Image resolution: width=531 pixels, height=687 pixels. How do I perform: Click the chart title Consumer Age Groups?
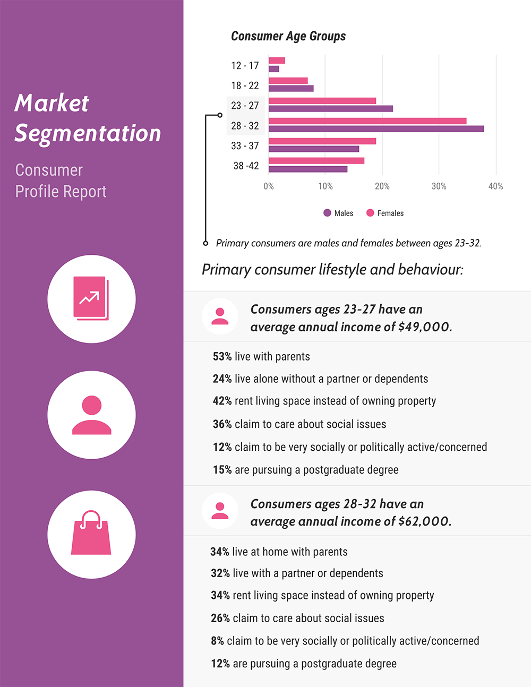click(288, 36)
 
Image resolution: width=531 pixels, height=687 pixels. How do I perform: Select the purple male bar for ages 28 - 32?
click(376, 128)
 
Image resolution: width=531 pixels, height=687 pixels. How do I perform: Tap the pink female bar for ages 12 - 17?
click(277, 61)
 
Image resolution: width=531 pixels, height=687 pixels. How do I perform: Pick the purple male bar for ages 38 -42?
click(308, 169)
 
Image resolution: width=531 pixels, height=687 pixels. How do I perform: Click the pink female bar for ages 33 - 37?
click(322, 141)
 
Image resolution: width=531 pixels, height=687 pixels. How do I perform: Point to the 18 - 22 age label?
click(245, 85)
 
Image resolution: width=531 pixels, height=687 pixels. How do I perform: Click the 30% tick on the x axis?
click(439, 186)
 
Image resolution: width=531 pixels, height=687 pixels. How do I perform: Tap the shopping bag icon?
click(91, 534)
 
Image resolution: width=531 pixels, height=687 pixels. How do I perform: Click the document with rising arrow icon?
click(91, 298)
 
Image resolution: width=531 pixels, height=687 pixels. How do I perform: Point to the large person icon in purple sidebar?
click(91, 415)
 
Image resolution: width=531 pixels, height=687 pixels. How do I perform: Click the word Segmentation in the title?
click(88, 133)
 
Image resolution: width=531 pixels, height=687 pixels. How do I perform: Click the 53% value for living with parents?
click(222, 357)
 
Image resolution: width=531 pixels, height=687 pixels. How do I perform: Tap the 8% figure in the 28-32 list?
click(217, 641)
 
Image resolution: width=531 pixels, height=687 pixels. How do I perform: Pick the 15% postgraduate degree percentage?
click(222, 470)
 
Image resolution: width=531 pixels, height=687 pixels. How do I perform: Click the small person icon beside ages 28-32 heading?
click(220, 511)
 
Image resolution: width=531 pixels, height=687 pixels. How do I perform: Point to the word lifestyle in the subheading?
click(342, 270)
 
